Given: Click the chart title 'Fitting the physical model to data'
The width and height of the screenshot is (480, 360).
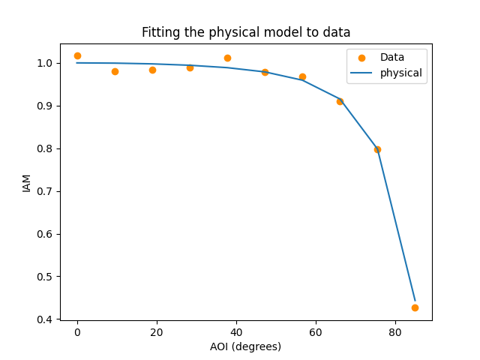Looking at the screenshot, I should tap(246, 32).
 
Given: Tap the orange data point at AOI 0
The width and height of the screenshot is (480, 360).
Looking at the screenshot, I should tap(77, 55).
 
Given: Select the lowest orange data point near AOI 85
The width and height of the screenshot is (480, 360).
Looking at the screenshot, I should tap(415, 307).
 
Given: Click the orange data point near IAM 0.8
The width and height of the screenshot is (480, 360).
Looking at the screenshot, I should tap(377, 149).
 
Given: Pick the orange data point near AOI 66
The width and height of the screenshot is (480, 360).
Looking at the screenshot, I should tap(340, 101).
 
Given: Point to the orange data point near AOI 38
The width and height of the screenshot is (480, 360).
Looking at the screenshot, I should tap(227, 58).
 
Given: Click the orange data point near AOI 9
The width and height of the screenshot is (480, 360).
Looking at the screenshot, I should tap(115, 71).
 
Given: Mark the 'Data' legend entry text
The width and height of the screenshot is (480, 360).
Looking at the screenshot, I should tap(392, 58).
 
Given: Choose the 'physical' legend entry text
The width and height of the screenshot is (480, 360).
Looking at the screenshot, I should tap(401, 73).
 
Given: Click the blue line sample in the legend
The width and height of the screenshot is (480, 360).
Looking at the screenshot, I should tap(361, 73).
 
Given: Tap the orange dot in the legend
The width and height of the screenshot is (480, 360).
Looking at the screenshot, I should tap(361, 58).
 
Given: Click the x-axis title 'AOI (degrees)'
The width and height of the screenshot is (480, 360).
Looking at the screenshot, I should tap(246, 346).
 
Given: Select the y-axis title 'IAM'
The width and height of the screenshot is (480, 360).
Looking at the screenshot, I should tap(27, 182).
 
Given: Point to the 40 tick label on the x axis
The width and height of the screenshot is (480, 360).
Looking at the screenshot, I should tap(236, 331).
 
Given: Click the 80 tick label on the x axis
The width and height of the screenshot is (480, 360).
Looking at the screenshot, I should tap(395, 331).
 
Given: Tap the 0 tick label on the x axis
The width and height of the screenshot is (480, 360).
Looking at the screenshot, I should tap(77, 331).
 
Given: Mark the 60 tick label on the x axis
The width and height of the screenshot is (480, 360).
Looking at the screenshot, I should tap(316, 331).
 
